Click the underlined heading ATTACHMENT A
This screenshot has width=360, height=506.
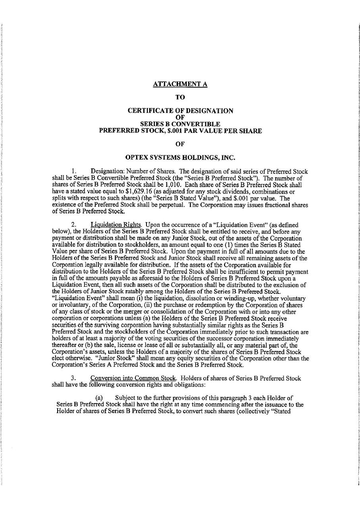point(180,84)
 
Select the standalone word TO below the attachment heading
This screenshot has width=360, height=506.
point(180,96)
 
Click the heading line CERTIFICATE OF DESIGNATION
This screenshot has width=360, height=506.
point(180,111)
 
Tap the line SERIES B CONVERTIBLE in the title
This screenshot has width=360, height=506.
point(180,124)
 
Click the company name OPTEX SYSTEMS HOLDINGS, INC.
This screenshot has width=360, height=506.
point(180,157)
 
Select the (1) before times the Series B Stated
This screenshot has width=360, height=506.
point(227,244)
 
